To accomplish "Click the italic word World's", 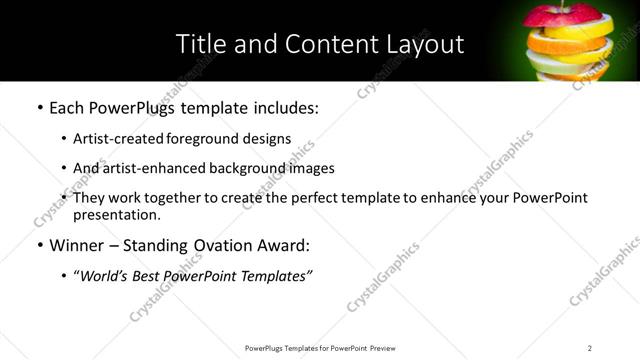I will coord(105,276).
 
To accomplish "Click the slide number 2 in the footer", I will coord(590,348).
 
